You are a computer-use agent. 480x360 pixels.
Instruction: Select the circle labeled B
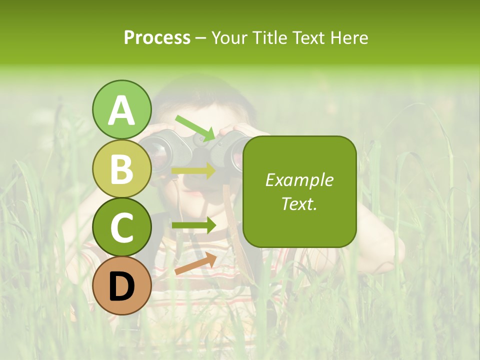122,169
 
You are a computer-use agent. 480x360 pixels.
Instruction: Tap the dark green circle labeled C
122,227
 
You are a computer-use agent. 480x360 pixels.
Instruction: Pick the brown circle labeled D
122,285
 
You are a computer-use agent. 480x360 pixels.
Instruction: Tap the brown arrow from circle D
195,264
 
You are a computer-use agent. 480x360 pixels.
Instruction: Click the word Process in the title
157,37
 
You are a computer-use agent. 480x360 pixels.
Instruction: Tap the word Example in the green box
299,180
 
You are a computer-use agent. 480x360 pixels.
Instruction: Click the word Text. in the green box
299,203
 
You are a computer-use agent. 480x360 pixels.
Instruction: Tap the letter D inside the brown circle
122,286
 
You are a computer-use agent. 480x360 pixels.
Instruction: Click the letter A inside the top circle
122,111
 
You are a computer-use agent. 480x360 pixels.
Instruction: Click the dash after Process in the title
201,38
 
